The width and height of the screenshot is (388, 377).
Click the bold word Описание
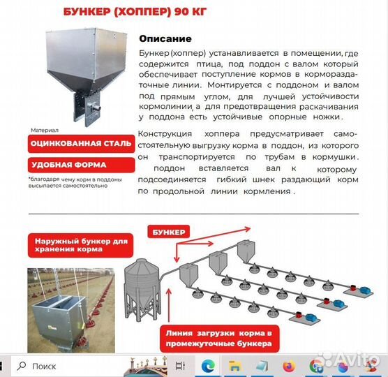click(x=165, y=39)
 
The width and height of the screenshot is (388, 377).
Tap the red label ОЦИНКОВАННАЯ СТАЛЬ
click(x=80, y=145)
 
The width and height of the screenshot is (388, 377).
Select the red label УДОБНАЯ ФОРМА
click(x=68, y=165)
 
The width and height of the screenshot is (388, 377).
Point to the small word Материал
click(x=45, y=130)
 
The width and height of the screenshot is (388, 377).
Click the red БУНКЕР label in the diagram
click(x=168, y=231)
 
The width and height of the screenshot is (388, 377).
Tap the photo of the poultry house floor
click(x=68, y=307)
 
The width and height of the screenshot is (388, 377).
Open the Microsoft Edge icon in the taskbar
click(x=207, y=366)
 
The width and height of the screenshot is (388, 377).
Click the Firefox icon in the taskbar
click(x=290, y=366)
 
